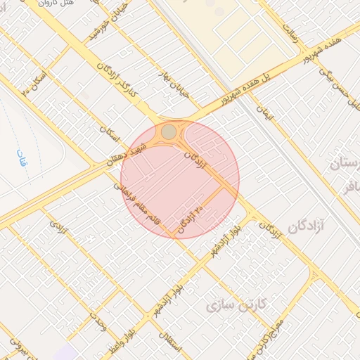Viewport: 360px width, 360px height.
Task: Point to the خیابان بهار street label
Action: pyautogui.click(x=175, y=83)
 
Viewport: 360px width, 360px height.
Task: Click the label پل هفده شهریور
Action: pyautogui.click(x=248, y=89)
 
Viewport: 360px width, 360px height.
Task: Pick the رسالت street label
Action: pyautogui.click(x=290, y=30)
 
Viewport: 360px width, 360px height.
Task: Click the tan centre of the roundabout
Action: pyautogui.click(x=169, y=131)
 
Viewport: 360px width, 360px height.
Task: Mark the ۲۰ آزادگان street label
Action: pyautogui.click(x=191, y=219)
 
